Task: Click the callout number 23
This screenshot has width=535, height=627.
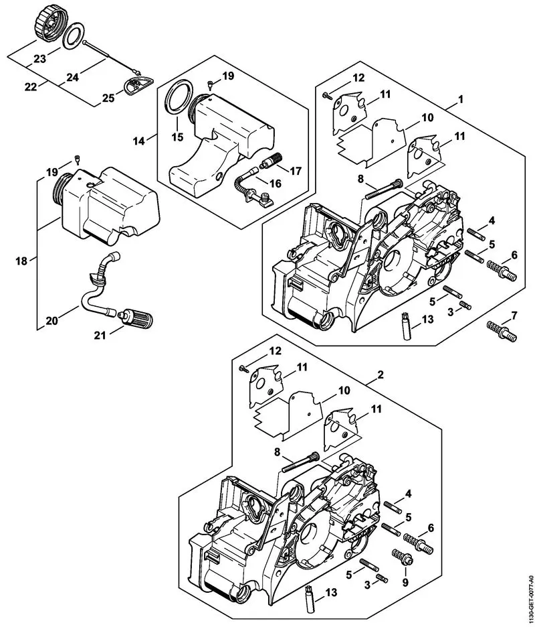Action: (x=40, y=59)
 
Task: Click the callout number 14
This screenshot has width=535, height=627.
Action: (x=140, y=141)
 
